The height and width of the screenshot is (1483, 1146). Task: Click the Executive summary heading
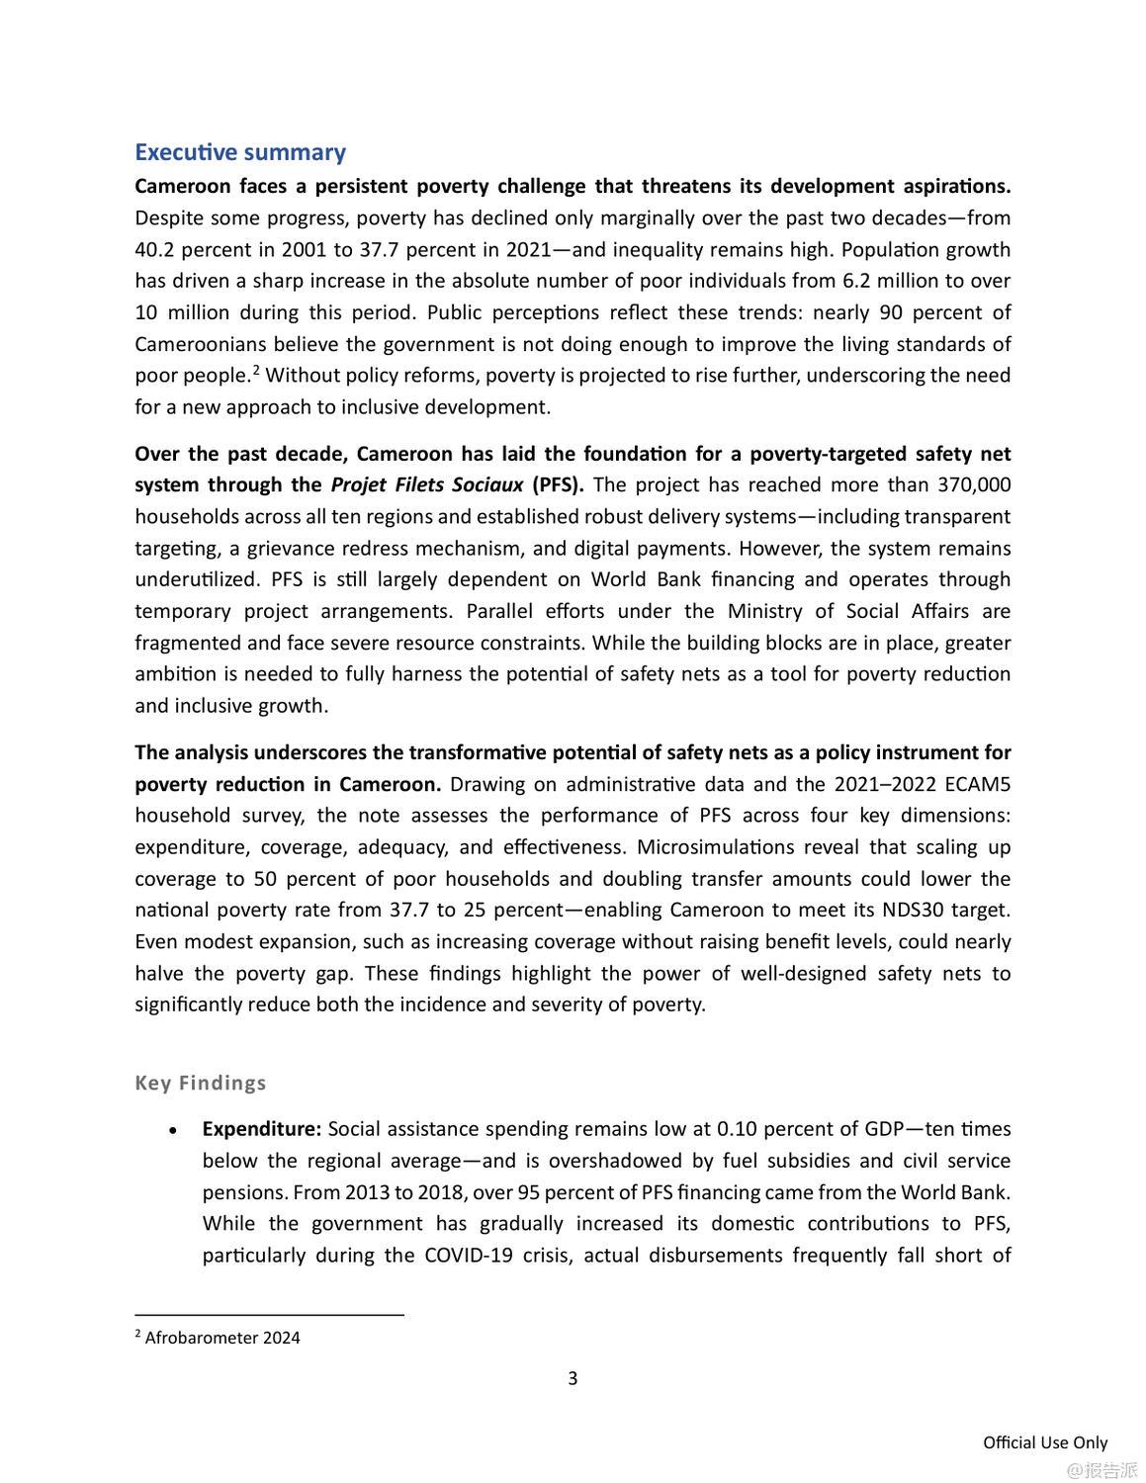coord(240,152)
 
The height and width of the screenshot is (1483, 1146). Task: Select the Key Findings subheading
coord(201,1083)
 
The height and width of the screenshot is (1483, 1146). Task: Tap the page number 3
coord(573,1378)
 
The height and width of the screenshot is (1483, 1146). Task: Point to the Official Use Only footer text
coord(1045,1442)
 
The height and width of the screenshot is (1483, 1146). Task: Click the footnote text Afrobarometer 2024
coord(222,1338)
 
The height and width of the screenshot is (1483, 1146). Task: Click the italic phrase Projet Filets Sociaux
coord(426,484)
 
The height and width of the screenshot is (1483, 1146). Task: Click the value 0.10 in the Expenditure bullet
coord(737,1129)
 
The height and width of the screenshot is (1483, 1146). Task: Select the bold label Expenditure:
coord(262,1129)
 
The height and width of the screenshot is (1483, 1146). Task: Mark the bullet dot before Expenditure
coord(173,1130)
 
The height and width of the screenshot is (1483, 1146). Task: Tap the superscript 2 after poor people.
coord(256,370)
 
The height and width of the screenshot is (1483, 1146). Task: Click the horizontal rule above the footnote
coord(269,1315)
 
